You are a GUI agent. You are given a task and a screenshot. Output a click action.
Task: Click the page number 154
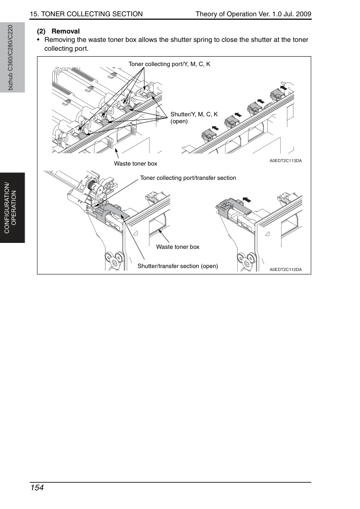[36, 488]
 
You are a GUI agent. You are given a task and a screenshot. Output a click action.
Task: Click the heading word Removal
[66, 31]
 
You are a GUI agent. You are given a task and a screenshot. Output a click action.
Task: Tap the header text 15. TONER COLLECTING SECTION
[86, 14]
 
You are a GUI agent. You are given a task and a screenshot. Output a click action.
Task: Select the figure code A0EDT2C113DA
[286, 161]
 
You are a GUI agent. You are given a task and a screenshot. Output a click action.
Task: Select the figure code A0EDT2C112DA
[286, 270]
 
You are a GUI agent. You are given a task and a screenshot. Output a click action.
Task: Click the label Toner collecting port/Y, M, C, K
[169, 64]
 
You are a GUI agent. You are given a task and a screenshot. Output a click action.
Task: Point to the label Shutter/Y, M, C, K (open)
[194, 117]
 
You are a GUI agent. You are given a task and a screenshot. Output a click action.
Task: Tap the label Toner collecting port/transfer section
[188, 178]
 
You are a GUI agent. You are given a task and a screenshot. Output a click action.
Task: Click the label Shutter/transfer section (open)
[178, 266]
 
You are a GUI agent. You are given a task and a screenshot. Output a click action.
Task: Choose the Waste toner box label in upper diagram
[136, 164]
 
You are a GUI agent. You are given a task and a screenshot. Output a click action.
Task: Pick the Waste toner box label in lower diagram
[178, 247]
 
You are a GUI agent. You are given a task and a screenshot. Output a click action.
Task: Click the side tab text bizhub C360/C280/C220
[10, 58]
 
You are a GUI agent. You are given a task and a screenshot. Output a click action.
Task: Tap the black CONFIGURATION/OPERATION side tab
[12, 208]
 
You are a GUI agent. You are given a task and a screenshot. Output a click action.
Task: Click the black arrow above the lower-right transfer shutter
[247, 200]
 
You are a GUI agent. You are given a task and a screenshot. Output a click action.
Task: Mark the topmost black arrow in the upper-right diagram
[284, 87]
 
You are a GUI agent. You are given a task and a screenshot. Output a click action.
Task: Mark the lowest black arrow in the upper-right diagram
[215, 128]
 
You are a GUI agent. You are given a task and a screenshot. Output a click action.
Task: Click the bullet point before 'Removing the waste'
[38, 40]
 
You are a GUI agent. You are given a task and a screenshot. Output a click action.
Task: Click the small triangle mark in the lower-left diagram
[136, 233]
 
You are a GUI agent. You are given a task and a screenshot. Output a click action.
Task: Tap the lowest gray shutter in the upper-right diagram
[208, 135]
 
